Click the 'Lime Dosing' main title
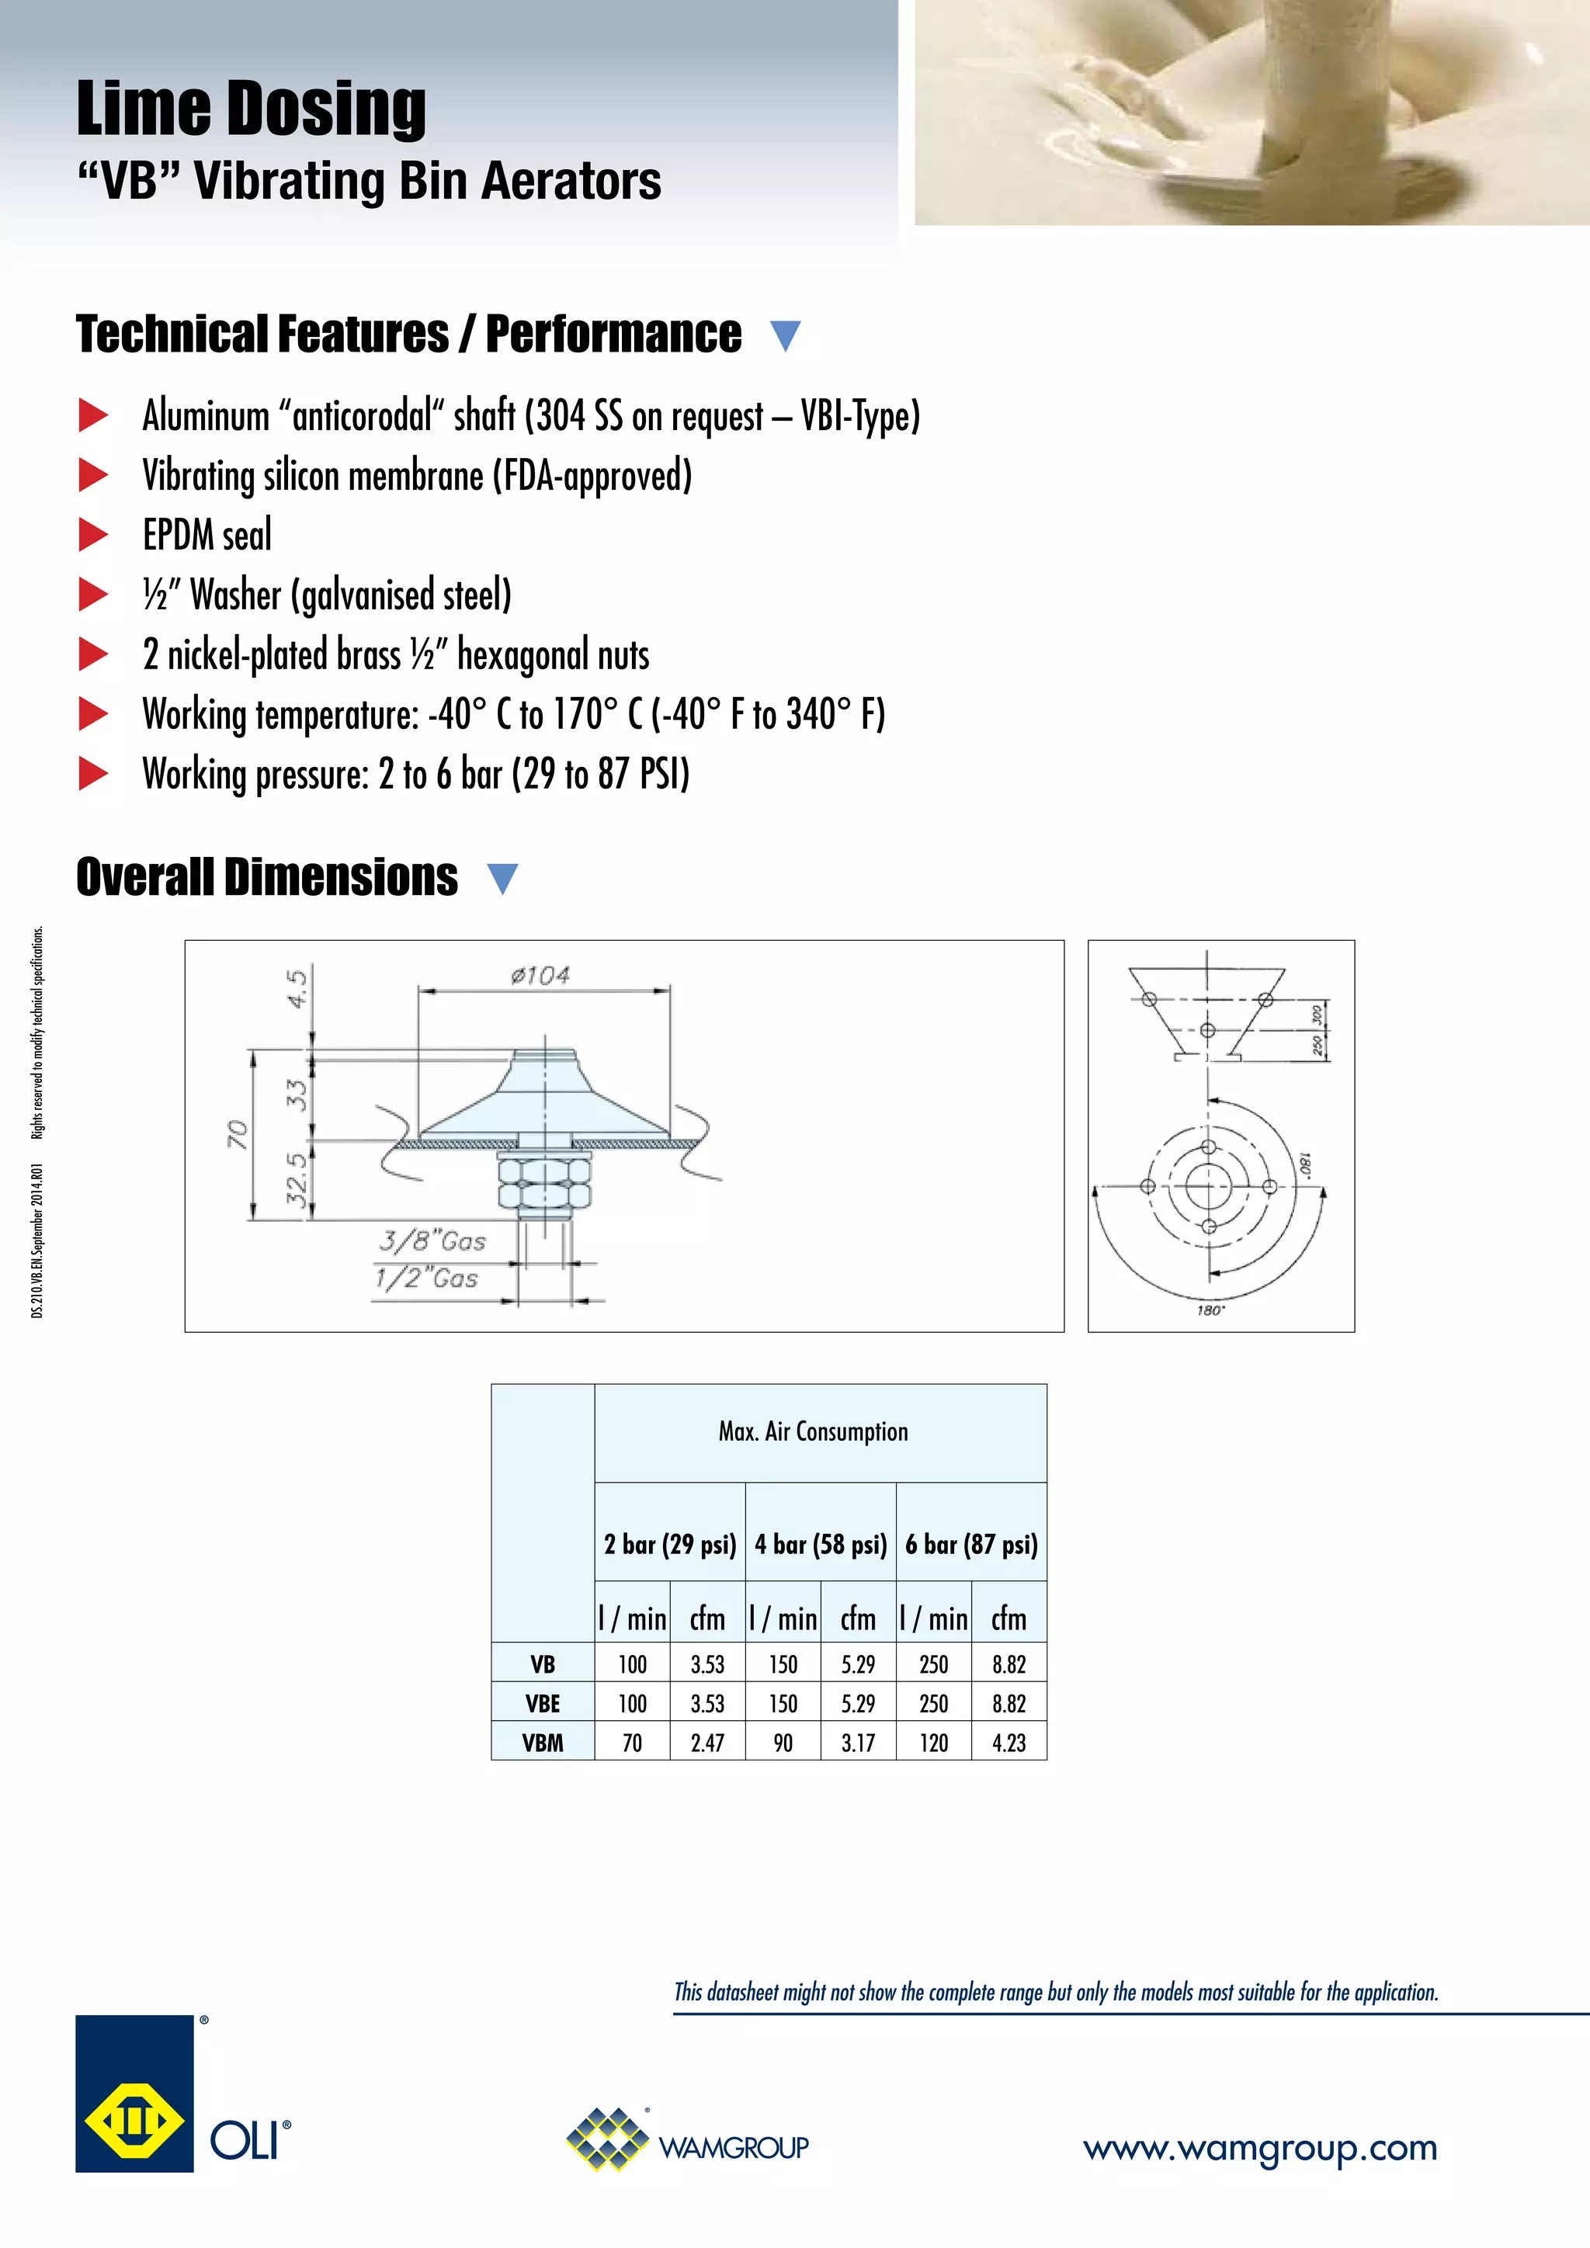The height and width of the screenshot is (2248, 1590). click(252, 109)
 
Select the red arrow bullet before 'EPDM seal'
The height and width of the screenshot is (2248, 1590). click(93, 535)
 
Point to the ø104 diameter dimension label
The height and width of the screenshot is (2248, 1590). click(540, 975)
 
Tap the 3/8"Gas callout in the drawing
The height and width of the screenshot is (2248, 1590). click(432, 1241)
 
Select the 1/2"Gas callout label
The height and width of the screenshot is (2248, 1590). click(427, 1278)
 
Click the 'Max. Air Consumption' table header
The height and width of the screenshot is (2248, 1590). click(813, 1431)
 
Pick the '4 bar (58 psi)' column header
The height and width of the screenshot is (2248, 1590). click(821, 1544)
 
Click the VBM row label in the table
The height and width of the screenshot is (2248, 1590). click(543, 1743)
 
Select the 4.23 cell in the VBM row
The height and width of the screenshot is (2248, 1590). click(1009, 1743)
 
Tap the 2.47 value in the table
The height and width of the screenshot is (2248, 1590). click(707, 1743)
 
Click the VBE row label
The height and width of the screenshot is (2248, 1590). click(543, 1704)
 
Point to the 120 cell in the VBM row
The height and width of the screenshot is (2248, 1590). click(933, 1743)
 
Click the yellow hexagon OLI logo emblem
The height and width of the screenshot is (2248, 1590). click(134, 2123)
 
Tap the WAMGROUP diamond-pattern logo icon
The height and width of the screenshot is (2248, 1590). click(608, 2139)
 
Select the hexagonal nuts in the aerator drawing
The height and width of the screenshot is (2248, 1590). click(544, 1181)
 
